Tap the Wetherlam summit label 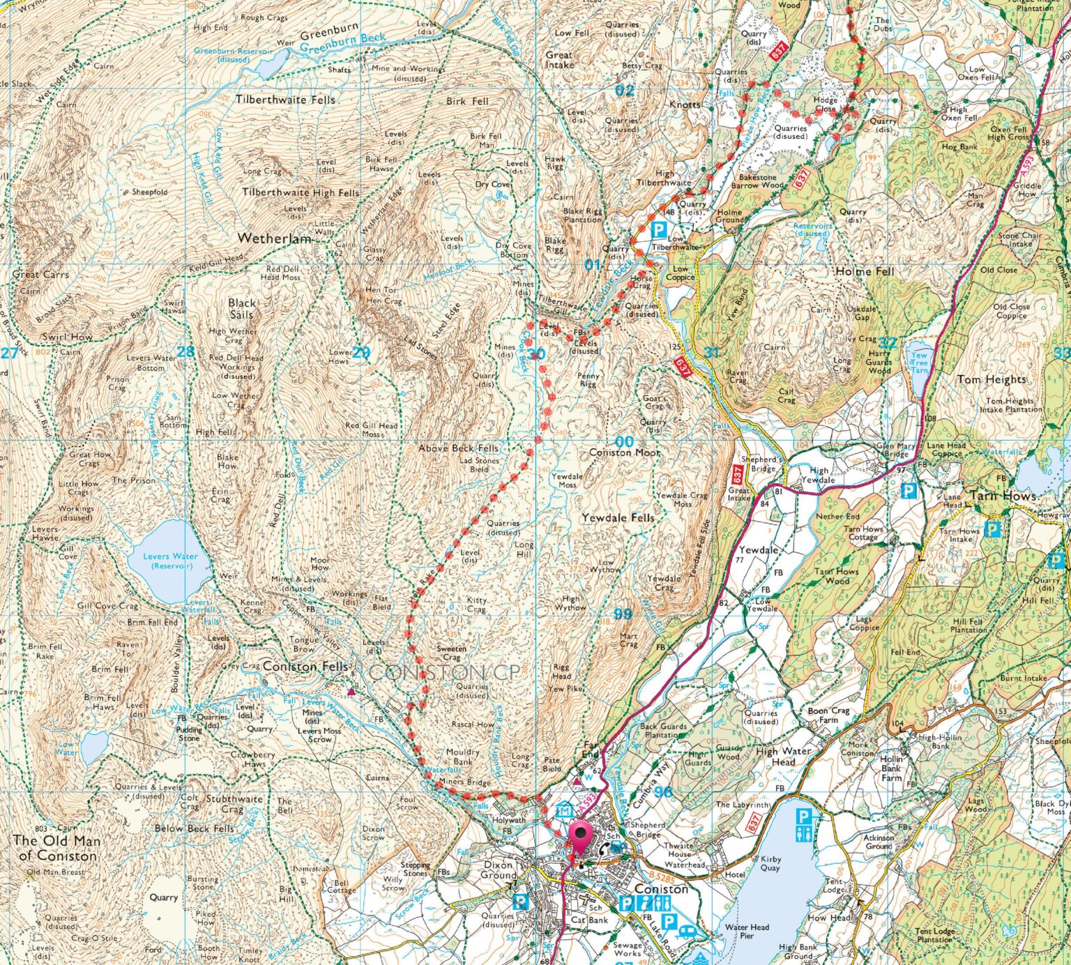click(x=274, y=238)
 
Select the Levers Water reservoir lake click(x=169, y=559)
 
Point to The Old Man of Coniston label click(x=55, y=848)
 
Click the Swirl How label click(x=67, y=337)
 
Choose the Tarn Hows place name click(x=1003, y=496)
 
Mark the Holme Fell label click(x=864, y=271)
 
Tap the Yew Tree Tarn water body click(x=919, y=360)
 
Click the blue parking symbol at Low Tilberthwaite click(x=658, y=229)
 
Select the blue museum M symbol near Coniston click(x=564, y=811)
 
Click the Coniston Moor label click(x=624, y=453)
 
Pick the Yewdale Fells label click(x=618, y=518)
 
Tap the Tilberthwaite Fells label click(x=285, y=100)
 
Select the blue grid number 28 click(x=185, y=351)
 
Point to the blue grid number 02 click(x=625, y=90)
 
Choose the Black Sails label click(x=242, y=308)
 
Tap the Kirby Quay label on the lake click(x=770, y=863)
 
